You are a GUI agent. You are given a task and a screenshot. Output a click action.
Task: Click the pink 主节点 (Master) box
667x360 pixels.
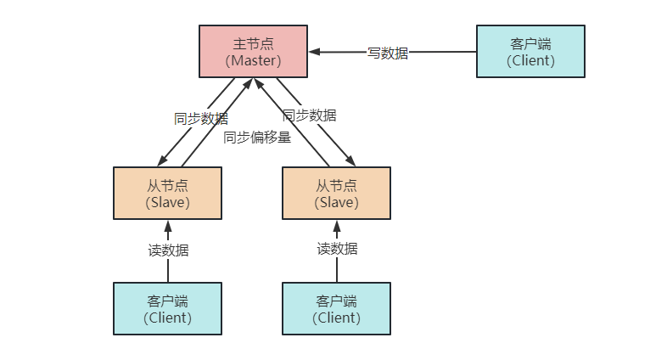pyautogui.click(x=253, y=51)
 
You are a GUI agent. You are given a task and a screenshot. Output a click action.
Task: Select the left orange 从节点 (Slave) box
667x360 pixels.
pyautogui.click(x=167, y=193)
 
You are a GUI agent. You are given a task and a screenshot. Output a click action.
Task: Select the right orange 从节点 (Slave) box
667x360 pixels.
pyautogui.click(x=336, y=193)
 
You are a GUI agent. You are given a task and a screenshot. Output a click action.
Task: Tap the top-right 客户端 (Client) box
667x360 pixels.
pyautogui.click(x=530, y=51)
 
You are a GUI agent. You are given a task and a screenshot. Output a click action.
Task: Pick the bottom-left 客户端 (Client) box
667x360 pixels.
pyautogui.click(x=167, y=308)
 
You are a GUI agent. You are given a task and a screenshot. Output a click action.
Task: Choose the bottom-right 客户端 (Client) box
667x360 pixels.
pyautogui.click(x=336, y=308)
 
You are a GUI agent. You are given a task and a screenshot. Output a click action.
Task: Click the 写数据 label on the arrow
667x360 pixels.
pyautogui.click(x=388, y=53)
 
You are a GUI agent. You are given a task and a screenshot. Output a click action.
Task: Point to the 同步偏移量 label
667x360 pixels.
pyautogui.click(x=257, y=137)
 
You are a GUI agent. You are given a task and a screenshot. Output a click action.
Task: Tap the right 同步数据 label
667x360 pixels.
pyautogui.click(x=309, y=115)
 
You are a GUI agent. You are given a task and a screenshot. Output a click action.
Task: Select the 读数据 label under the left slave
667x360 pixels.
pyautogui.click(x=168, y=250)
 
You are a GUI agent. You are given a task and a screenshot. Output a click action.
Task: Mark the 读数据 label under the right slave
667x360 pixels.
pyautogui.click(x=337, y=249)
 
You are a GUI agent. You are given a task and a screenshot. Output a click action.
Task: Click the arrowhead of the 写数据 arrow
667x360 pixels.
pyautogui.click(x=314, y=52)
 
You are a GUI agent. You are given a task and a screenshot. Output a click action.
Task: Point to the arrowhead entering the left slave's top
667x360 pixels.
pyautogui.click(x=162, y=161)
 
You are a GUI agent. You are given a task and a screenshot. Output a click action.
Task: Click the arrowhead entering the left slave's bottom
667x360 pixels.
pyautogui.click(x=168, y=225)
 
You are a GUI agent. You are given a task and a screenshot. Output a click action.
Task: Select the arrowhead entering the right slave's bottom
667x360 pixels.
pyautogui.click(x=337, y=225)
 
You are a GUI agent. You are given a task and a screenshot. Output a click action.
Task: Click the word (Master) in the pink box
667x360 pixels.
pyautogui.click(x=253, y=60)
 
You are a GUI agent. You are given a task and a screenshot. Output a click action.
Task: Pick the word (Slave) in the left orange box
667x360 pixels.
pyautogui.click(x=167, y=202)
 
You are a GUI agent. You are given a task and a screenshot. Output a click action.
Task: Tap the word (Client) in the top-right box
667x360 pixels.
pyautogui.click(x=530, y=60)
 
